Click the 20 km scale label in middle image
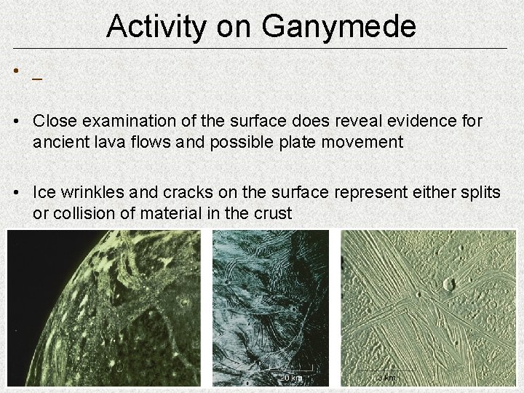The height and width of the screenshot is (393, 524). [x=292, y=378]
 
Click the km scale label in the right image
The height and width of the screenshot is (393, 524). [x=386, y=378]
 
